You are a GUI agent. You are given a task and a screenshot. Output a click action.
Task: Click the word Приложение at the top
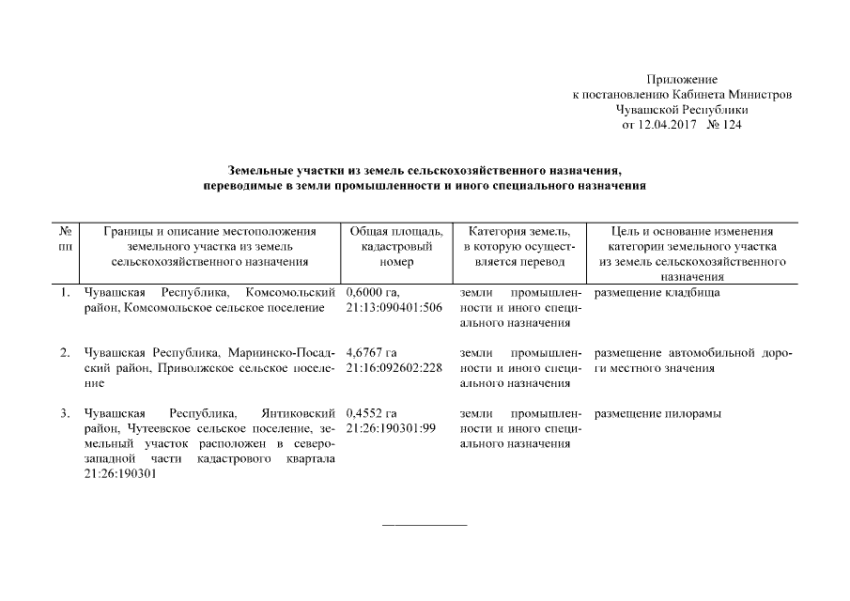682,80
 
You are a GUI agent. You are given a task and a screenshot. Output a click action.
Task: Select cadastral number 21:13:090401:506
394,308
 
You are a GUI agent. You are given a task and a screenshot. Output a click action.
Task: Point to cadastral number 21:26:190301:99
391,428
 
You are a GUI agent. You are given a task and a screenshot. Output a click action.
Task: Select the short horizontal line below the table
425,524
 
